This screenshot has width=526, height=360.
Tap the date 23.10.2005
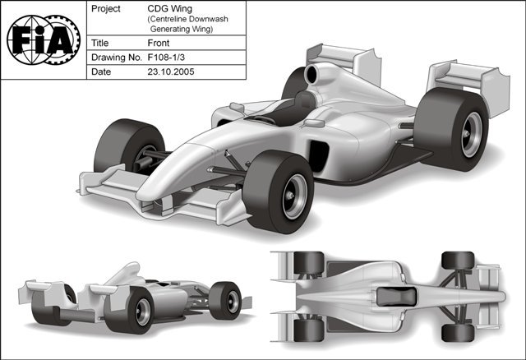[x=170, y=72]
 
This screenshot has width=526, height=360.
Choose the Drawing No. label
[x=116, y=57]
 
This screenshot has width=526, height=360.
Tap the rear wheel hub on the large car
[x=471, y=135]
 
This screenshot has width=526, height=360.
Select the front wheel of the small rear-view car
[x=225, y=301]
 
